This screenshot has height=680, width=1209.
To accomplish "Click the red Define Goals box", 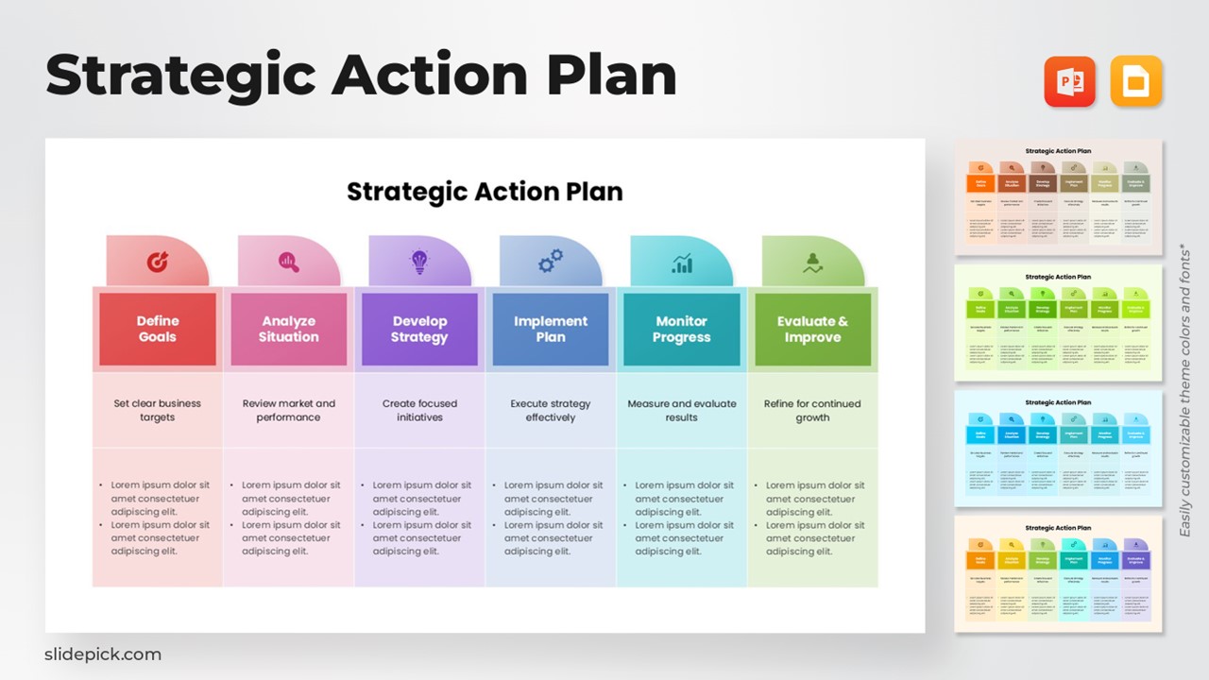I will pyautogui.click(x=158, y=329).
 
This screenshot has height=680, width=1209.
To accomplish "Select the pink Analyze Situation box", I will pyautogui.click(x=289, y=329).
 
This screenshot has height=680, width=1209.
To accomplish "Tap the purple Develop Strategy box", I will pyautogui.click(x=419, y=329).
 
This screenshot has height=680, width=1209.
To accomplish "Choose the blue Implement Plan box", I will pyautogui.click(x=551, y=329).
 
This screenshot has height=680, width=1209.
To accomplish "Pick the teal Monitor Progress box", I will pyautogui.click(x=682, y=329).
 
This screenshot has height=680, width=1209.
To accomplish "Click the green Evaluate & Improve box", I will pyautogui.click(x=812, y=329).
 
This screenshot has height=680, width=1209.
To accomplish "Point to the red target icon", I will pyautogui.click(x=158, y=263).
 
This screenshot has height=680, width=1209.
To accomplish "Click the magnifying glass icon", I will pyautogui.click(x=289, y=263).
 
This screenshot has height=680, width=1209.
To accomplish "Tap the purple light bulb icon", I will pyautogui.click(x=419, y=263).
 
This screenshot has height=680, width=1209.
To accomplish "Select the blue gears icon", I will pyautogui.click(x=551, y=262).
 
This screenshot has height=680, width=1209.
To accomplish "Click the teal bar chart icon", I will pyautogui.click(x=682, y=263).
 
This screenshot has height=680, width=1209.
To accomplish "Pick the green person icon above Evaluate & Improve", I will pyautogui.click(x=812, y=263).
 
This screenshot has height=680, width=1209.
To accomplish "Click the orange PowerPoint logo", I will pyautogui.click(x=1069, y=81).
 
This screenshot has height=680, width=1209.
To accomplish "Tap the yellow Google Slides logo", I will pyautogui.click(x=1136, y=81).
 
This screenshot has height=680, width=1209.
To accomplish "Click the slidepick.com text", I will pyautogui.click(x=103, y=654).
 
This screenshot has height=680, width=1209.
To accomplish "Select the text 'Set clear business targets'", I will pyautogui.click(x=158, y=410).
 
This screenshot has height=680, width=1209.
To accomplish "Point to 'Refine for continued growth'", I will pyautogui.click(x=812, y=410).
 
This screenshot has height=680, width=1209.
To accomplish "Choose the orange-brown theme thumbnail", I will pyautogui.click(x=1058, y=197).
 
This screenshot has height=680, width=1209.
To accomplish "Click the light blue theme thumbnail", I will pyautogui.click(x=1058, y=449).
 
